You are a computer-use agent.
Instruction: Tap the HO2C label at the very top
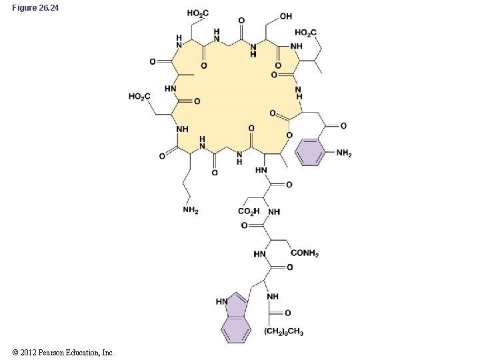click(198, 13)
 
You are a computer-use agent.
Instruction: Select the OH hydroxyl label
click(285, 16)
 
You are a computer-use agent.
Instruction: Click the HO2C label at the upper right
click(306, 32)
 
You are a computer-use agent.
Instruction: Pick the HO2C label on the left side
click(139, 97)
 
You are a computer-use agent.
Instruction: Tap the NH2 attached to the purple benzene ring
click(344, 154)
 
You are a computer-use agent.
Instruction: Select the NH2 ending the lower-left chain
click(191, 211)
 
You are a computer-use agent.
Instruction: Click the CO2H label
click(249, 212)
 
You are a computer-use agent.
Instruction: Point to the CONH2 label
click(306, 254)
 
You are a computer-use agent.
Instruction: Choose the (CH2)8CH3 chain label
click(283, 331)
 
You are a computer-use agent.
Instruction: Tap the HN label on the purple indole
click(221, 301)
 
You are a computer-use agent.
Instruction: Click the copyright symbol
click(15, 352)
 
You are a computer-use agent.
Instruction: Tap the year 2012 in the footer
click(27, 352)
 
